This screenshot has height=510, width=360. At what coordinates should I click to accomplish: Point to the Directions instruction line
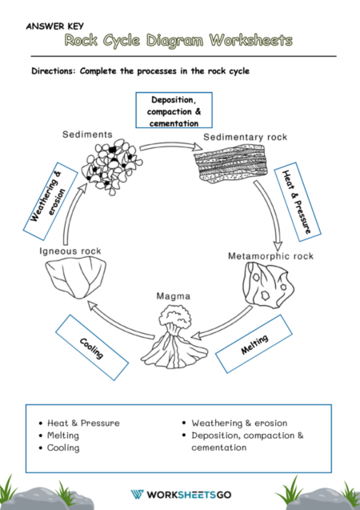coord(140,70)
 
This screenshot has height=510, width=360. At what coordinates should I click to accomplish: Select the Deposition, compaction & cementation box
coord(174,111)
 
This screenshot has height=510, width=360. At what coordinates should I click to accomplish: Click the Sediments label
coord(87,135)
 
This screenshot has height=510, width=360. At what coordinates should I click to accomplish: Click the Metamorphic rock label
coord(271,256)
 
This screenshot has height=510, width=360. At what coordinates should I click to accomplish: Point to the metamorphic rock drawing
coord(268,287)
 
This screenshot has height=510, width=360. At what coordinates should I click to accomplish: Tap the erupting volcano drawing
coord(176,337)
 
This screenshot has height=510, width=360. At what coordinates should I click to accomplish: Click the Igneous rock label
coord(70,251)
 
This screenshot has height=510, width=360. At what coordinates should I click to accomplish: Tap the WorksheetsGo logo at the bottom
coord(180,494)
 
